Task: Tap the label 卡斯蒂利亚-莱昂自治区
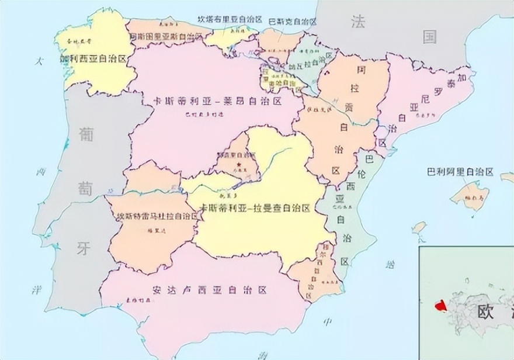click(x=217, y=101)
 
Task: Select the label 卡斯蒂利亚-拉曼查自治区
click(x=255, y=208)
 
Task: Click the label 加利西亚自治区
click(x=93, y=59)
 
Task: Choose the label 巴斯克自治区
click(x=292, y=22)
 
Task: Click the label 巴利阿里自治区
click(x=460, y=172)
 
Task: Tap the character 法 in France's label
click(x=357, y=22)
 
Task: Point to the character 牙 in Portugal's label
click(x=84, y=248)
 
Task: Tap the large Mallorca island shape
click(x=470, y=196)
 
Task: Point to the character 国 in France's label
click(x=430, y=37)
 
